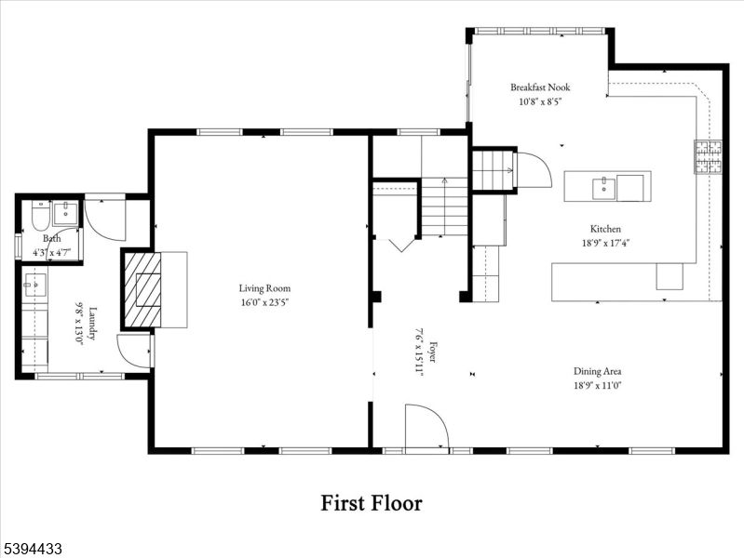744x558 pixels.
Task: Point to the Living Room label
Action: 264,288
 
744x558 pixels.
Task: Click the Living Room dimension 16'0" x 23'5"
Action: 264,301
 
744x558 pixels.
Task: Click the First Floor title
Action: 372,503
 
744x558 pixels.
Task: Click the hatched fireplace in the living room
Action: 142,289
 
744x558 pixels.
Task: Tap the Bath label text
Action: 52,239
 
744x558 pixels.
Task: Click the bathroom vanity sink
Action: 65,213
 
